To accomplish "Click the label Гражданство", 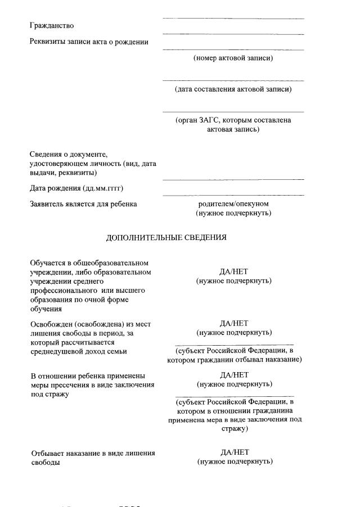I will (x=52, y=26).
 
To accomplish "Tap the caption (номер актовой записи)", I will (x=233, y=58).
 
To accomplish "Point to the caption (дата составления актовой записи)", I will (x=233, y=89).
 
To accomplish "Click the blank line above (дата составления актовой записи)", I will (x=233, y=81).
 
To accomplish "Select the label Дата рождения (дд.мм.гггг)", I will (x=76, y=188).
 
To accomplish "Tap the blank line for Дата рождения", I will (x=233, y=195).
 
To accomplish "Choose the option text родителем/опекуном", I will (x=233, y=203).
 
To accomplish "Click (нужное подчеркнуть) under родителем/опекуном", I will (x=233, y=213).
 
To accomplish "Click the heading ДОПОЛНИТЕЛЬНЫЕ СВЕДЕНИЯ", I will (x=166, y=237).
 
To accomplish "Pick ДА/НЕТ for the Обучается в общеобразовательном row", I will (x=234, y=271).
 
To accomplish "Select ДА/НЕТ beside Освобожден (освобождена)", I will (x=234, y=323).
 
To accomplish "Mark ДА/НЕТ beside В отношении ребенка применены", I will (x=234, y=374).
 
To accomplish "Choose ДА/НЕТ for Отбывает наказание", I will (x=235, y=452).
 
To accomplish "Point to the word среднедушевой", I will (x=56, y=351).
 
